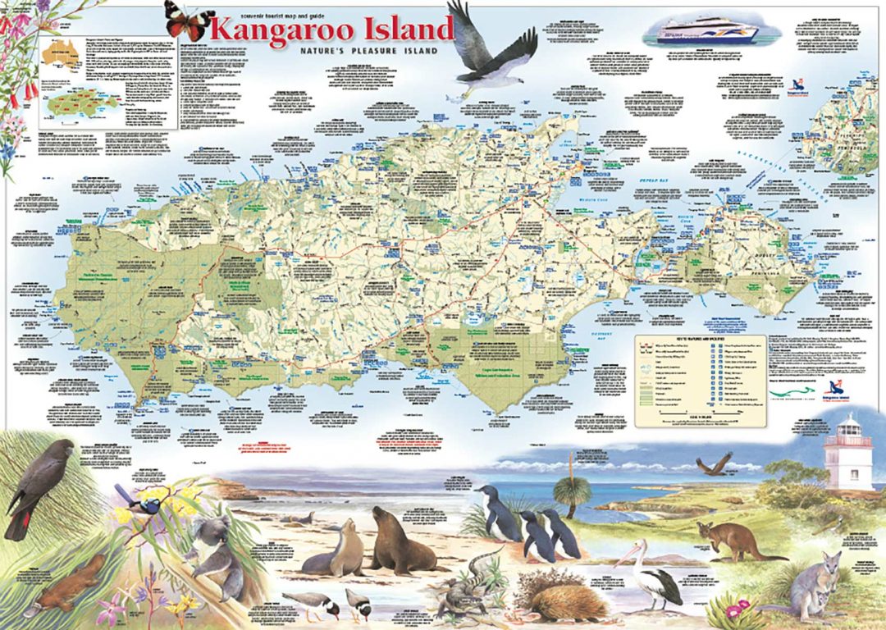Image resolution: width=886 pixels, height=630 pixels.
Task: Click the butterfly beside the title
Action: (188, 20)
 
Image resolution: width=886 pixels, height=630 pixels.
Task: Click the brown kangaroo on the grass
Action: (729, 541)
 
